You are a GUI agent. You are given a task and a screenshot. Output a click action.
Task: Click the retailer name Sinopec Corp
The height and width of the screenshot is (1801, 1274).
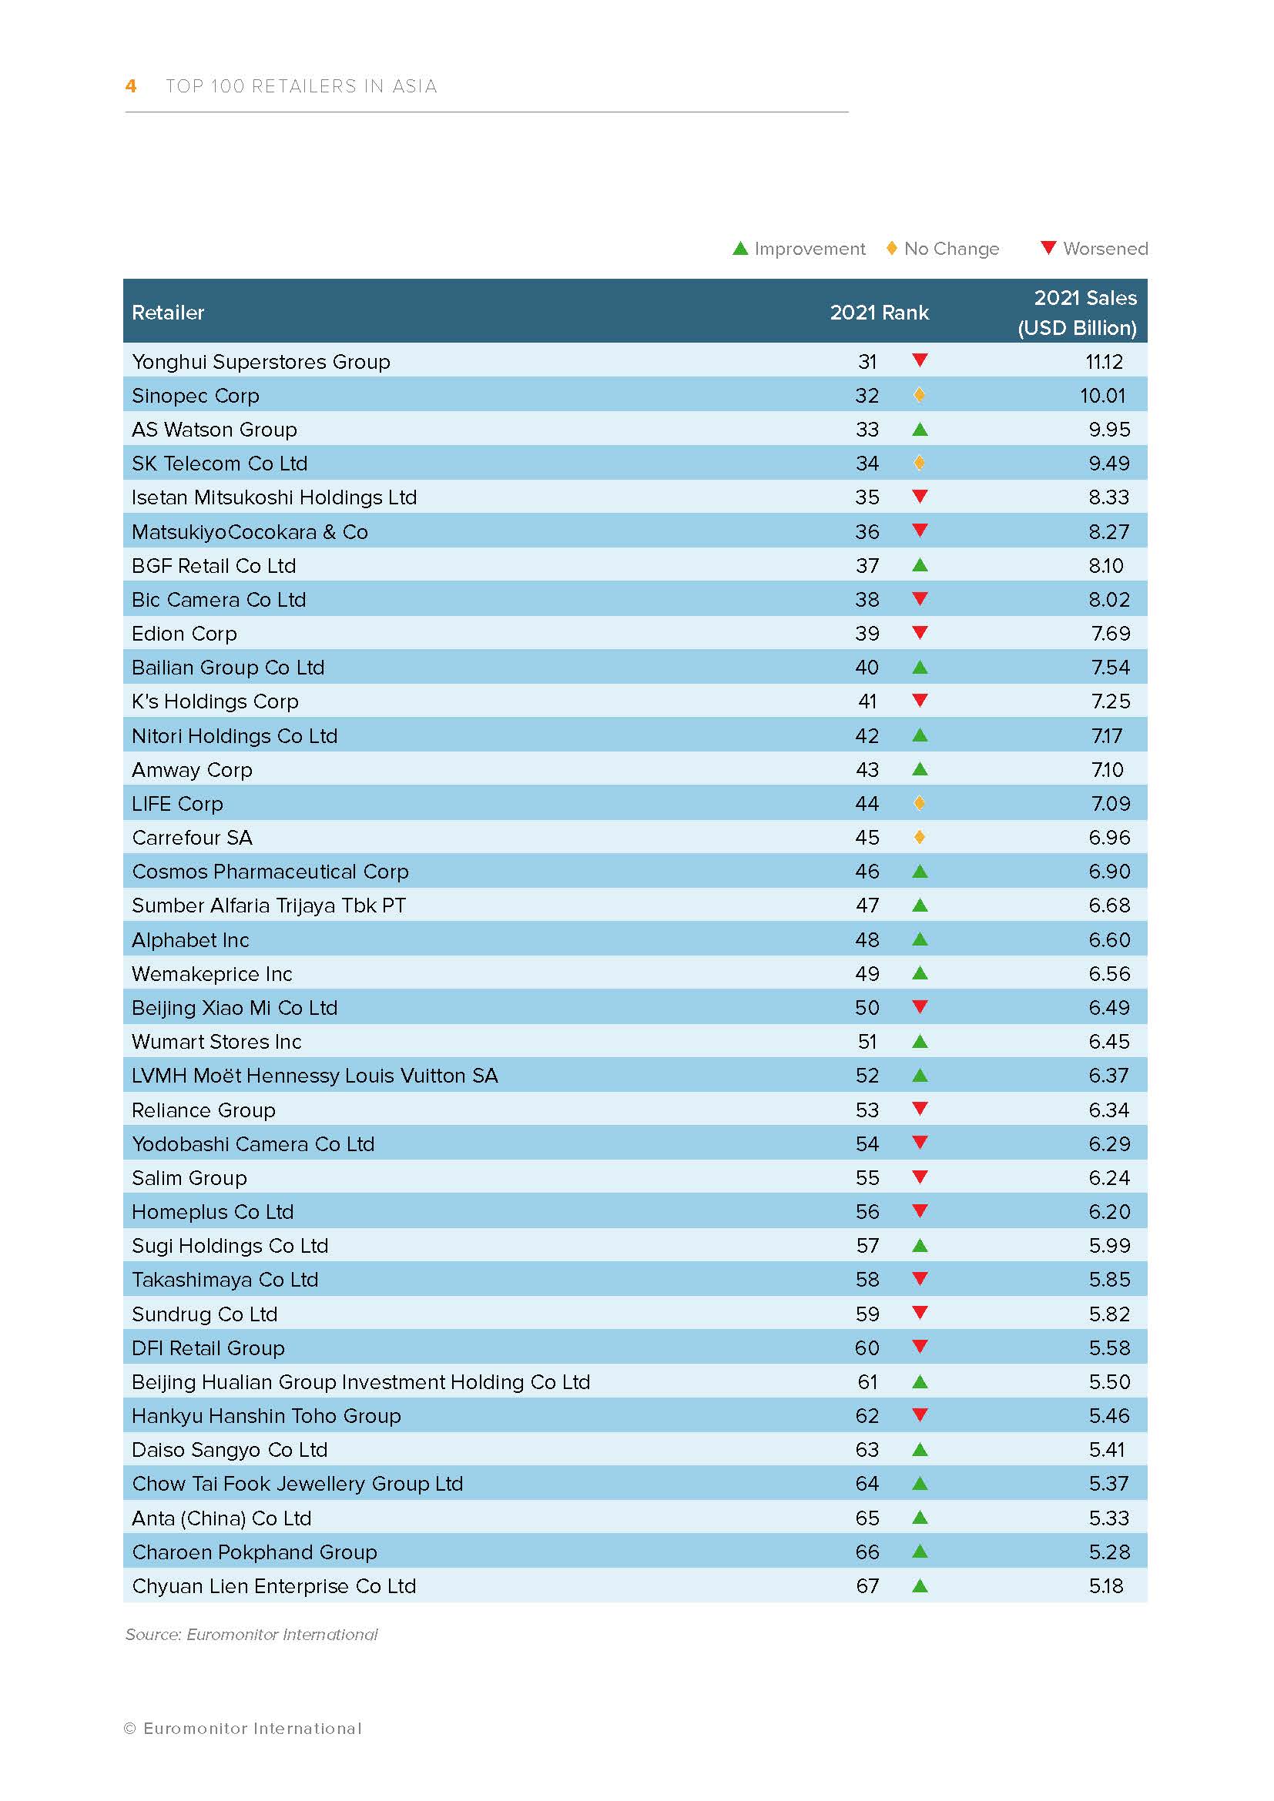point(196,395)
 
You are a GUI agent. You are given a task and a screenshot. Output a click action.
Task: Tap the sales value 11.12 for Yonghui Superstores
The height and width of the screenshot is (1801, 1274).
point(1104,362)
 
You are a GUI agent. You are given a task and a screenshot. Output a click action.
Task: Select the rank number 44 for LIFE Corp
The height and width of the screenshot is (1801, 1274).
point(867,803)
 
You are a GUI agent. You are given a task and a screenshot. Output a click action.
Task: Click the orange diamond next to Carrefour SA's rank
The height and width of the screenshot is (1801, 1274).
point(920,837)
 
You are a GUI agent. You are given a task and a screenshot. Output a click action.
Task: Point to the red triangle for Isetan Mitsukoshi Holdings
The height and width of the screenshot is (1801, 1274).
point(920,496)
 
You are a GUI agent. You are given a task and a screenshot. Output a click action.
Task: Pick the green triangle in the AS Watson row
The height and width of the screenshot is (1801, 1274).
point(920,429)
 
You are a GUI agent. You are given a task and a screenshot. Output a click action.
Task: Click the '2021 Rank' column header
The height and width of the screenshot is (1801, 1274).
point(879,312)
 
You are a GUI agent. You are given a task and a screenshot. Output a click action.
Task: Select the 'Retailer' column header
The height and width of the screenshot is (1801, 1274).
point(168,312)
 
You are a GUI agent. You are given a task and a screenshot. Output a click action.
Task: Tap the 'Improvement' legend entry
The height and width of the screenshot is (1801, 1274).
point(799,249)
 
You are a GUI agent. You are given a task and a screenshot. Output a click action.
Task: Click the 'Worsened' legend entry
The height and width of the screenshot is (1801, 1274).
point(1094,249)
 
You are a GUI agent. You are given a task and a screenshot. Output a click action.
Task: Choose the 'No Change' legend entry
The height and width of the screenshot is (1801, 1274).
point(943,249)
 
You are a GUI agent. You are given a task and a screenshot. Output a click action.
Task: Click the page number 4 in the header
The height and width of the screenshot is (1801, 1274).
point(131,86)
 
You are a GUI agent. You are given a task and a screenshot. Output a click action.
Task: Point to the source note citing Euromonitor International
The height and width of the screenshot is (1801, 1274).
point(251,1634)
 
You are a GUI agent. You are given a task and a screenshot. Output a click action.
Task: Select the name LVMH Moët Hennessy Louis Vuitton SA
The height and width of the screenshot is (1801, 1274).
point(314,1076)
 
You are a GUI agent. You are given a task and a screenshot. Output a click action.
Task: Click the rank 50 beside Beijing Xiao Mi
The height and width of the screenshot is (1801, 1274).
point(867,1007)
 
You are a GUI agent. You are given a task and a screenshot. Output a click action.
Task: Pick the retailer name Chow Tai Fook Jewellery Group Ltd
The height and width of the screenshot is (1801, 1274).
point(297,1483)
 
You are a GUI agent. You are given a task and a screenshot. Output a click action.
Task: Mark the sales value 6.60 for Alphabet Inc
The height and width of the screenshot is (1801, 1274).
point(1108,939)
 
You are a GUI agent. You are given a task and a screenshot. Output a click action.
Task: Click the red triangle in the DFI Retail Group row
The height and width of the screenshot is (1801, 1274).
point(920,1347)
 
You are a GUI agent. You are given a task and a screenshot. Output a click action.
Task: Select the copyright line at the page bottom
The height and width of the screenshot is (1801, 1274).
point(243,1728)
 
